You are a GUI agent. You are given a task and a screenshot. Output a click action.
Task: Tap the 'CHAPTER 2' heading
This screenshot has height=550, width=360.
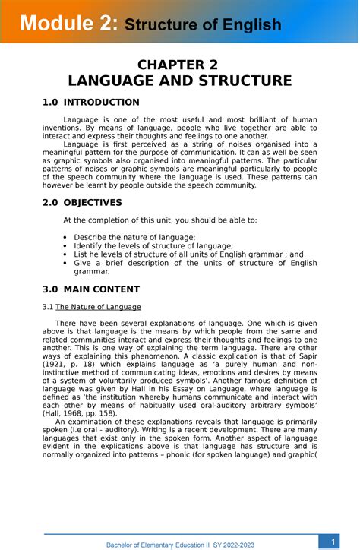180,65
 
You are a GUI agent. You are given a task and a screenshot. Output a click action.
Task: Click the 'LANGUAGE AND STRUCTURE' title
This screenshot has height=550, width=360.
180,81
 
